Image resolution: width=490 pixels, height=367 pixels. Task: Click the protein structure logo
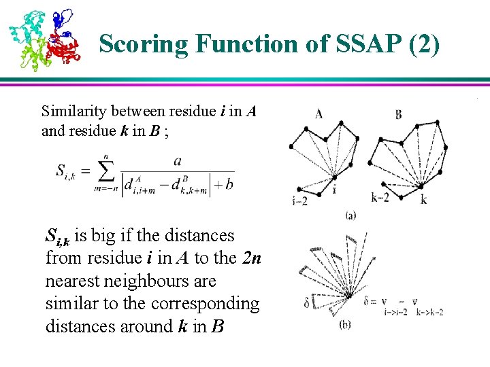pyautogui.click(x=44, y=39)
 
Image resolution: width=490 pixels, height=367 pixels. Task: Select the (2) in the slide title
pyautogui.click(x=423, y=45)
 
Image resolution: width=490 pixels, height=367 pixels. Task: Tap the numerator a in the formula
pyautogui.click(x=178, y=161)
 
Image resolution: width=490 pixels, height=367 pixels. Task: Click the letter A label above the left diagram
pyautogui.click(x=318, y=113)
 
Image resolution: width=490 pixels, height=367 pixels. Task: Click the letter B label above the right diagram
pyautogui.click(x=398, y=113)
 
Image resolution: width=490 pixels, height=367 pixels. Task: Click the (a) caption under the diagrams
pyautogui.click(x=350, y=216)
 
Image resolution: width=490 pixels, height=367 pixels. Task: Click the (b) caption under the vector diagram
pyautogui.click(x=345, y=325)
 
